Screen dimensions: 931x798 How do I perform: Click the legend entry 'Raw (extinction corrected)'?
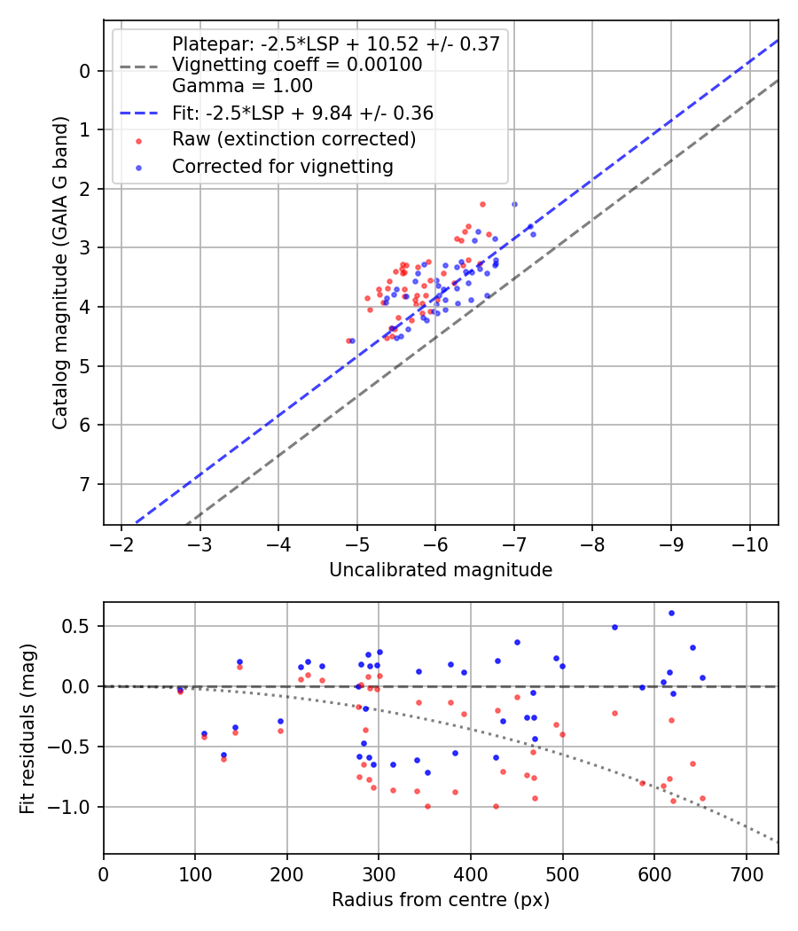pos(293,139)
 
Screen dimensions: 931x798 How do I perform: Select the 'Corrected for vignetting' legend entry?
pos(283,166)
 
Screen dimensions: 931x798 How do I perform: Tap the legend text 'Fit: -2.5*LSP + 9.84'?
pos(302,113)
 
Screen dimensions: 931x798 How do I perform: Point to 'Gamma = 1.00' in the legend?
pos(242,86)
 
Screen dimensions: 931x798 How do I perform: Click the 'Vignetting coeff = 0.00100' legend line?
pos(297,65)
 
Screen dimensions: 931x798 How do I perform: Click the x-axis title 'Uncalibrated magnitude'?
pos(441,570)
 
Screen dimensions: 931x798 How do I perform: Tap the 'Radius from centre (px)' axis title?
pos(441,900)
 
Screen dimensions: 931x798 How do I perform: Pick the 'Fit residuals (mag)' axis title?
pos(27,728)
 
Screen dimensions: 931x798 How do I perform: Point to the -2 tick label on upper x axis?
pos(121,542)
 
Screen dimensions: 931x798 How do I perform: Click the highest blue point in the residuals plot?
pos(671,613)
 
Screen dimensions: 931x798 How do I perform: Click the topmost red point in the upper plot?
pos(482,204)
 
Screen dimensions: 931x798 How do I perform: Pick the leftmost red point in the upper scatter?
pos(348,340)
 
